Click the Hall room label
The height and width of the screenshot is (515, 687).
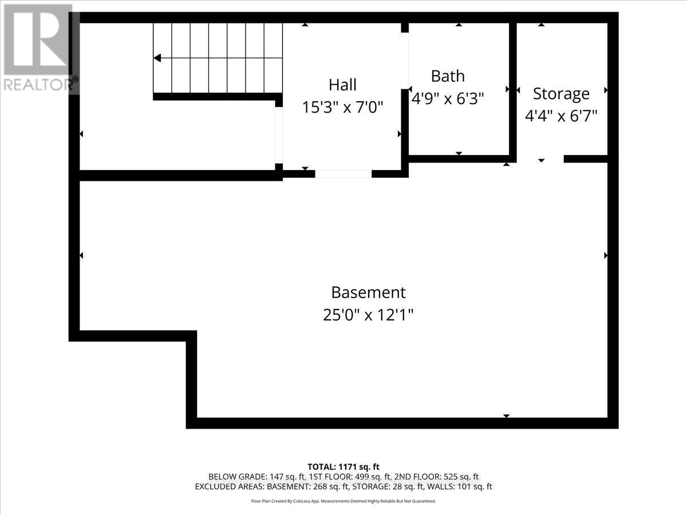click(342, 85)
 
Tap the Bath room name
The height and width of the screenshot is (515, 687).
click(448, 76)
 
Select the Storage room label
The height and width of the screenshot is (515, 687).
click(561, 93)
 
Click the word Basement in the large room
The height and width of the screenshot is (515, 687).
click(368, 292)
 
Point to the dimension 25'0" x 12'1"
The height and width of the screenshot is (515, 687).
click(368, 315)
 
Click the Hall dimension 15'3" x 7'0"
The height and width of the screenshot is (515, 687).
click(342, 107)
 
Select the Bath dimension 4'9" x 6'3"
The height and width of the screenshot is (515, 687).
click(448, 98)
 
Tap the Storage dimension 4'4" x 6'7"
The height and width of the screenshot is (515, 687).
click(561, 116)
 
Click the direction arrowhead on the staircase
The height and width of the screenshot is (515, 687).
click(157, 58)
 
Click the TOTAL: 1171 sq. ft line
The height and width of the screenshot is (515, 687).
click(343, 466)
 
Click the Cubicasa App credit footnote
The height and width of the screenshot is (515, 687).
click(343, 501)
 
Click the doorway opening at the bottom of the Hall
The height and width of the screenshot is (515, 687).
click(343, 173)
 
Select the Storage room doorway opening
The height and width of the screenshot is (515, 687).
click(540, 159)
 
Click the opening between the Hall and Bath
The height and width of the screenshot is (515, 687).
click(405, 60)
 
